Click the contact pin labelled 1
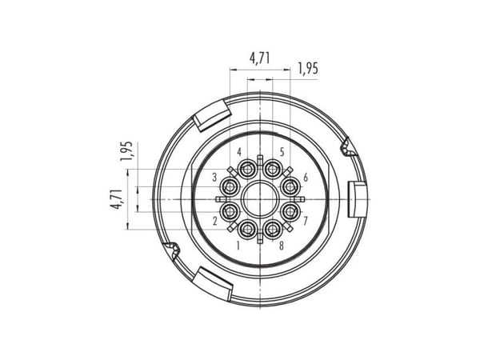coord(247,230)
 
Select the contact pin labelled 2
coord(230,212)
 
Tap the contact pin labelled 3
coord(230,186)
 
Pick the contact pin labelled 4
coord(247,169)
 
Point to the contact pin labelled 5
coord(272,169)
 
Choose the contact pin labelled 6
coord(290,186)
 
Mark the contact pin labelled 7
coord(290,212)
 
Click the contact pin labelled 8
coord(272,230)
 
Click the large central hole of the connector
coord(259,199)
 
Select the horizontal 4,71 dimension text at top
coord(260,58)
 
